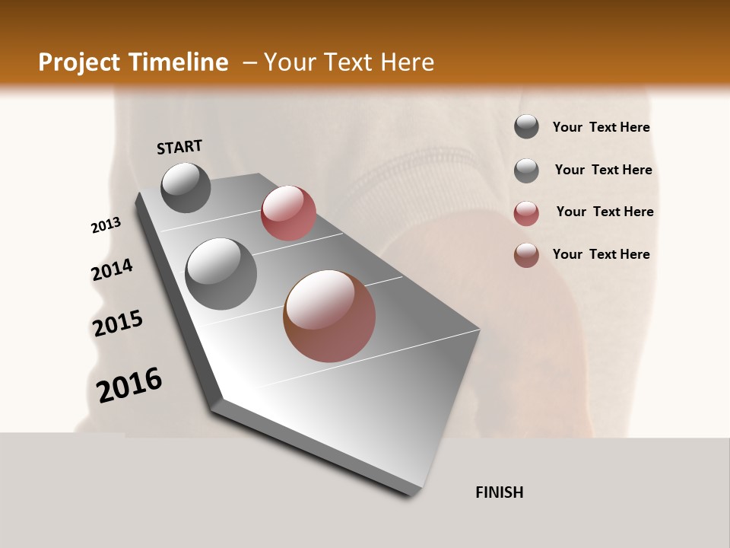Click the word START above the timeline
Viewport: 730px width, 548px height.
[179, 147]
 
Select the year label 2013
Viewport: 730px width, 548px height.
[106, 225]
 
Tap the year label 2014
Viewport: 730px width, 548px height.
[112, 270]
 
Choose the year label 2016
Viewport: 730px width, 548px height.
[129, 385]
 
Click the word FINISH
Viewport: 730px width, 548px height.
[499, 492]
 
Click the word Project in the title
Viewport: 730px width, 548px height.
[79, 62]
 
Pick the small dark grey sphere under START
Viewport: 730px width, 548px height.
[186, 187]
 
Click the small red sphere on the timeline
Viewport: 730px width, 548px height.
[288, 213]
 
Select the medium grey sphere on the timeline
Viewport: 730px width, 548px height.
[221, 274]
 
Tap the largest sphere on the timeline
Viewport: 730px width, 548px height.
[329, 316]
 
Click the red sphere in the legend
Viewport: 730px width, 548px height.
[526, 213]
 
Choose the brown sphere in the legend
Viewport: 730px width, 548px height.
[526, 255]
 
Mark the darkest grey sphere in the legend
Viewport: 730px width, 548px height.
[526, 127]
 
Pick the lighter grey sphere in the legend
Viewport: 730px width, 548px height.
[526, 170]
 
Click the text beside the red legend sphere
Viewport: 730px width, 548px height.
[605, 212]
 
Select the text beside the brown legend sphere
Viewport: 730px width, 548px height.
[601, 254]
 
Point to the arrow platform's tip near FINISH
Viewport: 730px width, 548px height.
[414, 493]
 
